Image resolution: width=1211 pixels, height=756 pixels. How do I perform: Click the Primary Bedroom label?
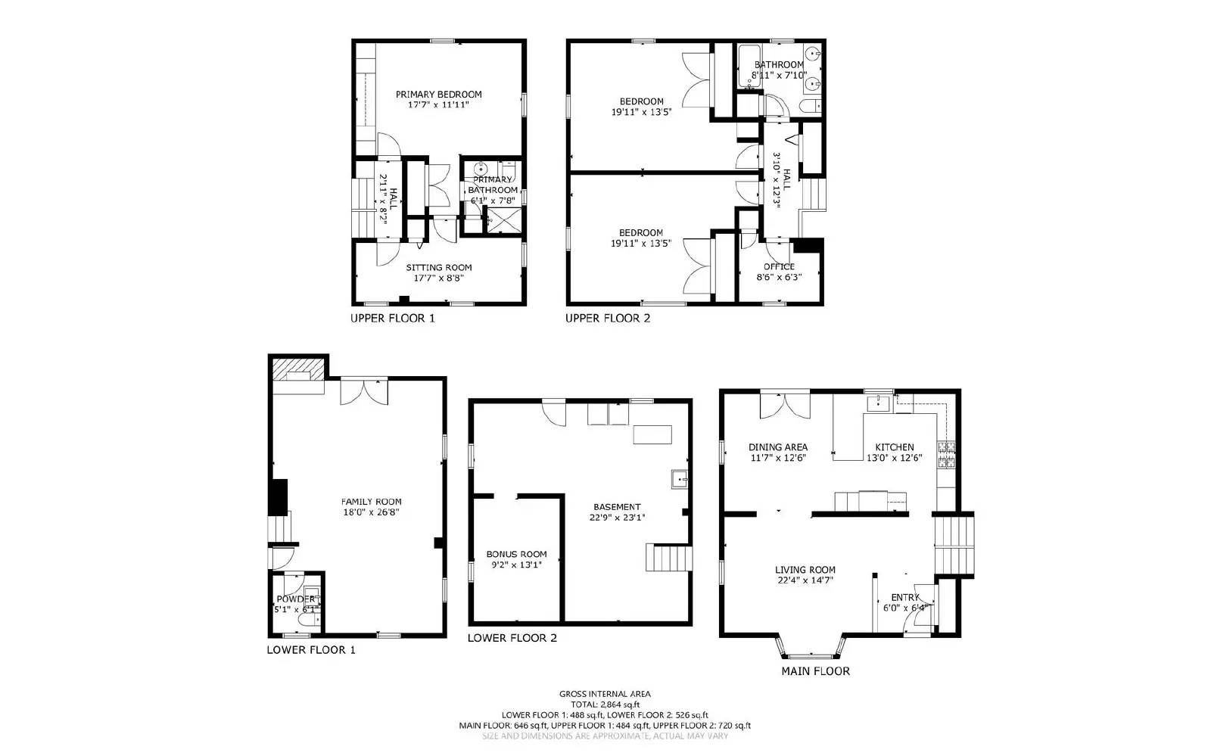[438, 95]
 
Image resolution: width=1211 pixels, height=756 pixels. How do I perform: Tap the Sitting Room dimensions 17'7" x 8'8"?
[438, 278]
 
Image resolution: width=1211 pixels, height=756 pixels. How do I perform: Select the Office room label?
[779, 266]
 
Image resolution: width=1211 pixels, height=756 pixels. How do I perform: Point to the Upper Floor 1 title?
[392, 319]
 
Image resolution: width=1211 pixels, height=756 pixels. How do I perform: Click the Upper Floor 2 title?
[607, 319]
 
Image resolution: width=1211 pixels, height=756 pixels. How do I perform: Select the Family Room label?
[371, 502]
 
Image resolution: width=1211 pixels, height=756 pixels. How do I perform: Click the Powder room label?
[295, 599]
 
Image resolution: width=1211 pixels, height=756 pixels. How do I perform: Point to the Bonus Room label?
[516, 554]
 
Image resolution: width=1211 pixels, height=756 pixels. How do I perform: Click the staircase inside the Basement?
[668, 558]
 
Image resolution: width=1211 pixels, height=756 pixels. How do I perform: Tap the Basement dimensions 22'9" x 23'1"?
[617, 518]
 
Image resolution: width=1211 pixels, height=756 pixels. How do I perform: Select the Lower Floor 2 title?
[512, 638]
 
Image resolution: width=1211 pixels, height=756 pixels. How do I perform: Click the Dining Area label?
[778, 447]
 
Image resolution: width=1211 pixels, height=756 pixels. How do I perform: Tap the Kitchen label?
[894, 447]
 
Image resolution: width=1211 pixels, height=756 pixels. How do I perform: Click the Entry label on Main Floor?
[904, 597]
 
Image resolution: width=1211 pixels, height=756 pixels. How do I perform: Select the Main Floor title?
[815, 671]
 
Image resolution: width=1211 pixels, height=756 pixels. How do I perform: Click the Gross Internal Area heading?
[605, 693]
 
